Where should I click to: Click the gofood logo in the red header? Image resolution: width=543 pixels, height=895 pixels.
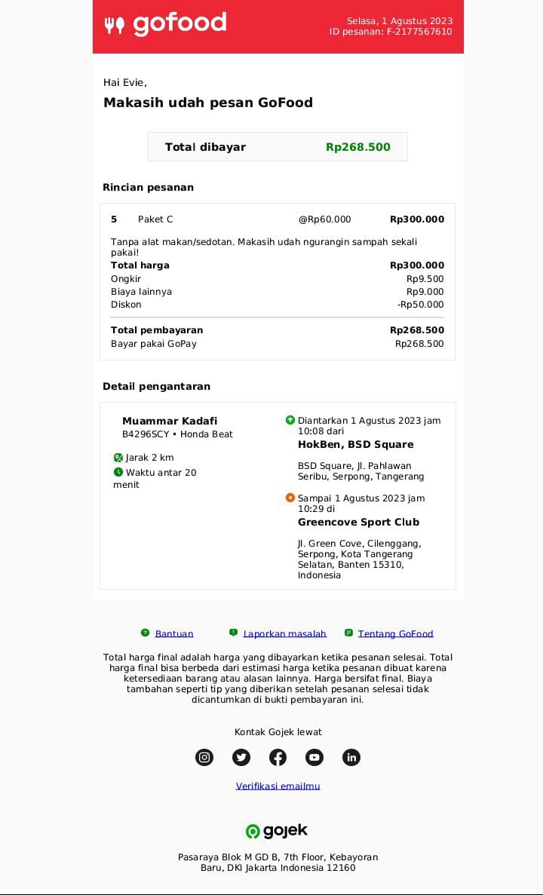point(165,24)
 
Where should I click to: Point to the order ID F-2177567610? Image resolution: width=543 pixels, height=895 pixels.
point(419,32)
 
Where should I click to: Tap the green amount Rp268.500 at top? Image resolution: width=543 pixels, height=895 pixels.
point(358,147)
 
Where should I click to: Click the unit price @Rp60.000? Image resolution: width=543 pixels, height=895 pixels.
point(324,219)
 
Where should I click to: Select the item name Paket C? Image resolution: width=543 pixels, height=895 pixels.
point(155,219)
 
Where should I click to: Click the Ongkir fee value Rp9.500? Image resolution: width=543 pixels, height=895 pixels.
point(425,279)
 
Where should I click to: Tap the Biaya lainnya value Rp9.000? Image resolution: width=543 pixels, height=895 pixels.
point(425,292)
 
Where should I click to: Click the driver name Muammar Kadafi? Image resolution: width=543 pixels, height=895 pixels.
point(170,421)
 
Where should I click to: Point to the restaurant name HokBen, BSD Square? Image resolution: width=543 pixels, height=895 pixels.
point(355,445)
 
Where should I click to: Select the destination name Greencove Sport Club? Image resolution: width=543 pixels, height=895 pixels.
point(358,523)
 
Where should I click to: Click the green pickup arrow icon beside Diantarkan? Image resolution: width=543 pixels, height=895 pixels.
point(290,420)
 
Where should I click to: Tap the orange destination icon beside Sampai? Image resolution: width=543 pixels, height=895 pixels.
point(290,498)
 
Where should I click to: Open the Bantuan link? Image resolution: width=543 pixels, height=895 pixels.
point(174,634)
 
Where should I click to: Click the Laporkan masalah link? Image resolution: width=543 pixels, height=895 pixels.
point(284,634)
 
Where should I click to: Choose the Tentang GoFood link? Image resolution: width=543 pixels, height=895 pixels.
point(395,634)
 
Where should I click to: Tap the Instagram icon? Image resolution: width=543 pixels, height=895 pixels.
point(204,757)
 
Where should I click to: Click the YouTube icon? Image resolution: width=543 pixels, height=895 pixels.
point(314,757)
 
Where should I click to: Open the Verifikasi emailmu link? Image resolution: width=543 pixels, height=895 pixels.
point(278,786)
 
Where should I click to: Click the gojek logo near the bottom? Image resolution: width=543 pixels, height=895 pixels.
point(277,831)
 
